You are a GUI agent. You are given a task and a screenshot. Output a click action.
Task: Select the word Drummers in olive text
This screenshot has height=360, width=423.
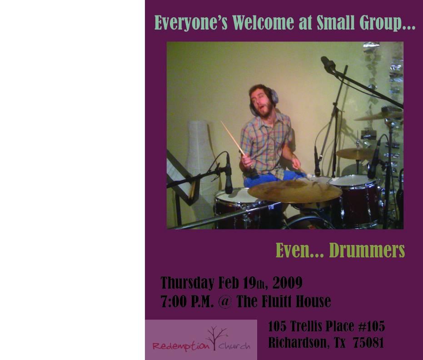[367, 250]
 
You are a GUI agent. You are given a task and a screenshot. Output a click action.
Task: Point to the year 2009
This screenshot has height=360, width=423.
[287, 283]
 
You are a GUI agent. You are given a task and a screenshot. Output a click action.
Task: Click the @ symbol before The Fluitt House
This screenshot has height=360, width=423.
[225, 301]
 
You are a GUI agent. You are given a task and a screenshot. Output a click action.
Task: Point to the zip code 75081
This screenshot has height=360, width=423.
[368, 343]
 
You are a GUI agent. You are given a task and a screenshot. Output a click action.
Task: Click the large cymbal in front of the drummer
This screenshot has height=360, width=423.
[295, 191]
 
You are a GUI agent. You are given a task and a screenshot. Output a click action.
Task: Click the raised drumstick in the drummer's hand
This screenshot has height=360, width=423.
[233, 138]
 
